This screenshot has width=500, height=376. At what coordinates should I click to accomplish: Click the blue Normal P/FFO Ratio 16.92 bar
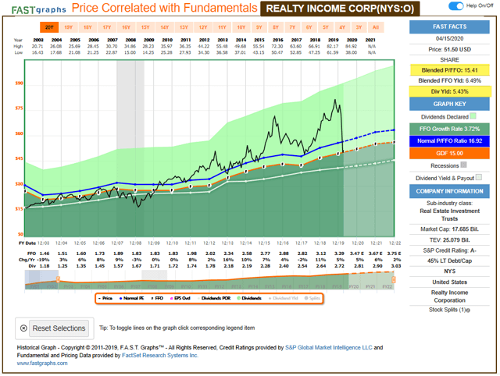pos(449,141)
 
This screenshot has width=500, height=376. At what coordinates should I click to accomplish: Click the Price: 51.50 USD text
pos(449,48)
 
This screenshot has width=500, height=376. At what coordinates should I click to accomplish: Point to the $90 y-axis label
pos(19,83)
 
